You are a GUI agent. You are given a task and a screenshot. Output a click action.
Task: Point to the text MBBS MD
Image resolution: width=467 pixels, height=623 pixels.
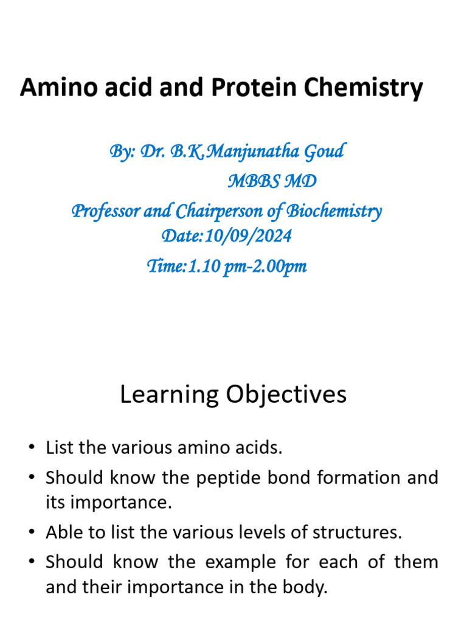(272, 181)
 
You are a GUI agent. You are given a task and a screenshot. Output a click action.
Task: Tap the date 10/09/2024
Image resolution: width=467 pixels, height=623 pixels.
(248, 236)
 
